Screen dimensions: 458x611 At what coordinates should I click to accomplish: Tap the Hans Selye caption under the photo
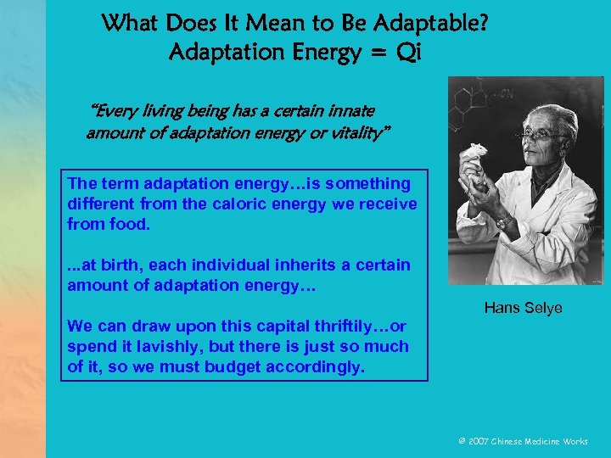pyautogui.click(x=523, y=308)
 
